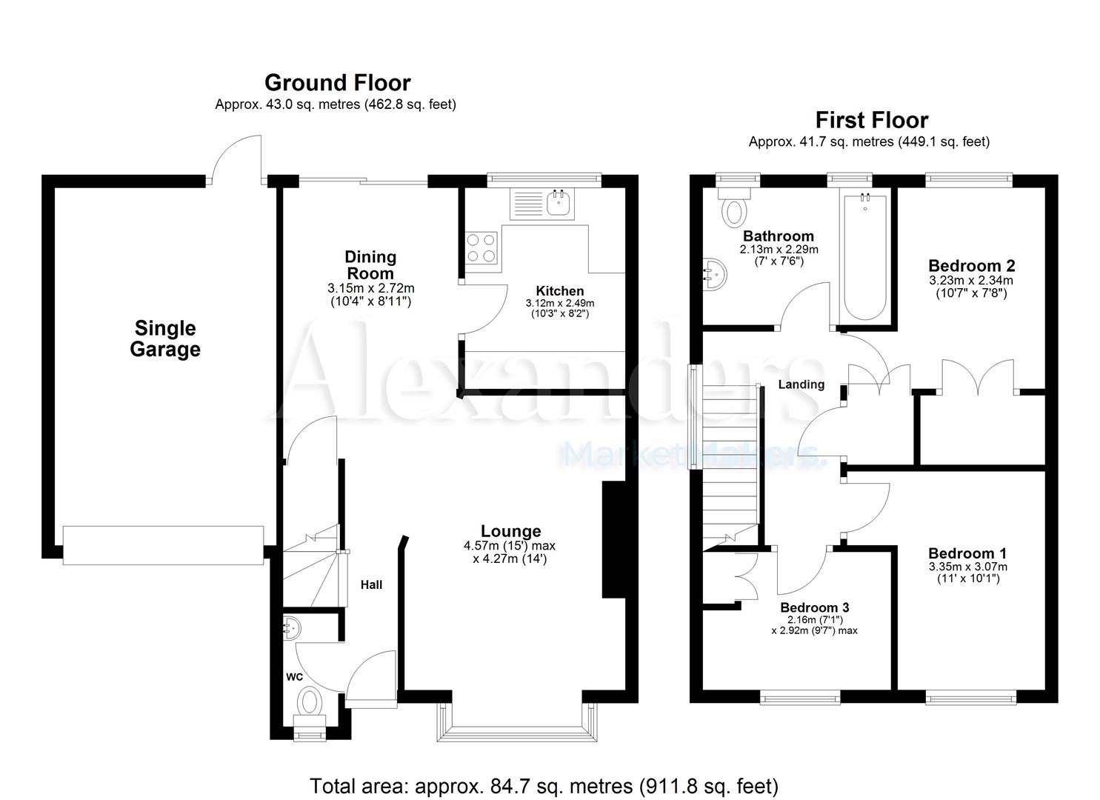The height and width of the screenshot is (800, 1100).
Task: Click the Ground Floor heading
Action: point(337,82)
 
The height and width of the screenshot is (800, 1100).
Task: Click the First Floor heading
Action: point(871,119)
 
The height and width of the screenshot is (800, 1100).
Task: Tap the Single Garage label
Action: point(164,339)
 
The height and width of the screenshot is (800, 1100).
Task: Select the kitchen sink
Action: point(558,204)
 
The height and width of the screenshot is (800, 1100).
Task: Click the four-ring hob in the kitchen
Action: point(481,247)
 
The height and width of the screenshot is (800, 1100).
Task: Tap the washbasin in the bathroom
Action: point(716,272)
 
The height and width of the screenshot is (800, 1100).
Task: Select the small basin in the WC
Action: point(292,628)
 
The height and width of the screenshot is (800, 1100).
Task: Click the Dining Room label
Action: point(370,264)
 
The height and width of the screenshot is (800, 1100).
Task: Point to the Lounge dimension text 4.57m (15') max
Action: point(510,546)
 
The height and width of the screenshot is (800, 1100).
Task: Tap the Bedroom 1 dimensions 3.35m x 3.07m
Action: point(967,567)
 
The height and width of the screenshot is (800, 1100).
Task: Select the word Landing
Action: point(801,384)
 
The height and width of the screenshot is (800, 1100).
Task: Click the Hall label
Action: point(371,585)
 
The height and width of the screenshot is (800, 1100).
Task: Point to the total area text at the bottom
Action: point(544,785)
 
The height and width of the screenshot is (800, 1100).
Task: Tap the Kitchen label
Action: point(560,291)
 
